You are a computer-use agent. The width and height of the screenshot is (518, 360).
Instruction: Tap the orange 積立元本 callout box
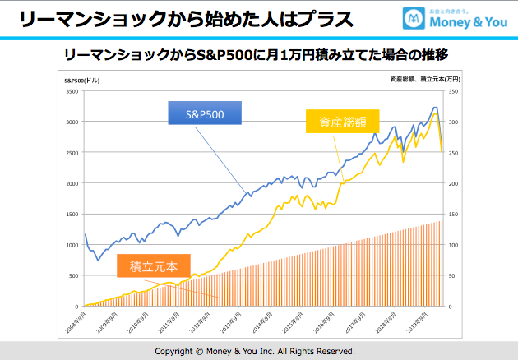pyautogui.click(x=153, y=265)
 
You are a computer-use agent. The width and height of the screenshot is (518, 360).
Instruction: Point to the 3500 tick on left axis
pyautogui.click(x=72, y=91)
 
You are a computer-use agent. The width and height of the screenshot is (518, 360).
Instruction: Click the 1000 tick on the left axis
pyautogui.click(x=72, y=245)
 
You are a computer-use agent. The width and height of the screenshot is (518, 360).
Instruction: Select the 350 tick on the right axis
pyautogui.click(x=453, y=91)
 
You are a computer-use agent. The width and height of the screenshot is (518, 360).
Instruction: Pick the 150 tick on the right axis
pyautogui.click(x=453, y=214)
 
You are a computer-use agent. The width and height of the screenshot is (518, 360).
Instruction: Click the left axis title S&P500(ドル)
pyautogui.click(x=81, y=81)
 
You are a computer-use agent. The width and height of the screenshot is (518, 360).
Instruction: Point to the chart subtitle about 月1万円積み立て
pyautogui.click(x=260, y=54)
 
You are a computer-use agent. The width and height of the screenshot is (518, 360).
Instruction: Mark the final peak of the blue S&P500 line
pyautogui.click(x=435, y=107)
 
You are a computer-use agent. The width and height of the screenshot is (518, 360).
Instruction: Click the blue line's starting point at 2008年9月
pyautogui.click(x=85, y=234)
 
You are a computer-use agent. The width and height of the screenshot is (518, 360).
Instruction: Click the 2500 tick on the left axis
pyautogui.click(x=72, y=153)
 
